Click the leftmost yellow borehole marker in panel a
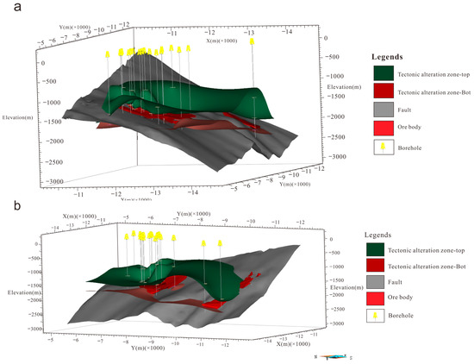click(108, 53)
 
